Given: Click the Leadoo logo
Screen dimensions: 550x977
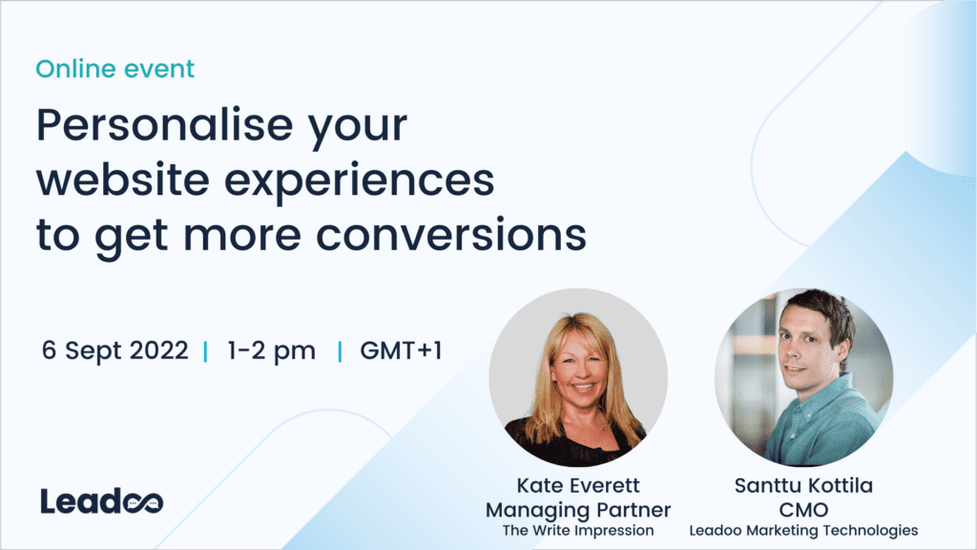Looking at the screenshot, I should point(102,501).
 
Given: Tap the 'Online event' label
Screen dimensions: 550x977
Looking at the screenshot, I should point(114,69).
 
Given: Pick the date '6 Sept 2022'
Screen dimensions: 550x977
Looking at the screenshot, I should point(114,350).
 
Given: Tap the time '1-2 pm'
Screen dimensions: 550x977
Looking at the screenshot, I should point(271,350).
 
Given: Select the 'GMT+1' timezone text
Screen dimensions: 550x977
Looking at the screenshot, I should point(401,350).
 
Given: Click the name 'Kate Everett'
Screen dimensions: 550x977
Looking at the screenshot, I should point(578,485).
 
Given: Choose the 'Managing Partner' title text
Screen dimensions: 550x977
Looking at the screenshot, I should point(578,508).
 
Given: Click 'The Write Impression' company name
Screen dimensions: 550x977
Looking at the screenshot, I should point(578,529).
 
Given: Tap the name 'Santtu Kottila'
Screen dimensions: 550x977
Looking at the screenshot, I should point(802,485).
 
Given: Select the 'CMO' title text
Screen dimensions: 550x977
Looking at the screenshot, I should point(802,508).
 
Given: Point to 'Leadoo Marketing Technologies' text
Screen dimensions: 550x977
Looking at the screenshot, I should point(802,529).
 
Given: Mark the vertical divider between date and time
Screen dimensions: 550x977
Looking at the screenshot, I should point(206,351).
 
